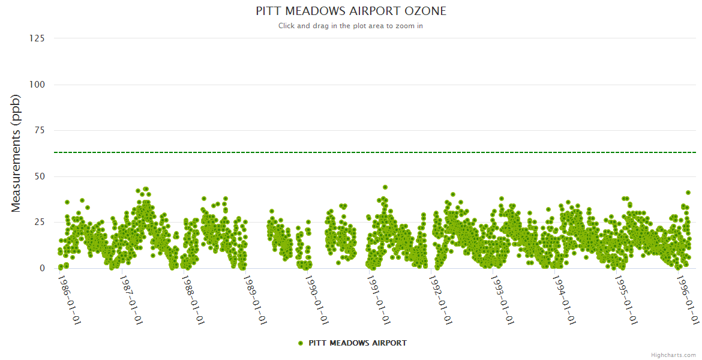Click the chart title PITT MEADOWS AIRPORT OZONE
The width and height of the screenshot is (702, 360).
[351, 11]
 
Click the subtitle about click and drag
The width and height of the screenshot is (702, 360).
[351, 26]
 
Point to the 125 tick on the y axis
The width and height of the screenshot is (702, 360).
[37, 38]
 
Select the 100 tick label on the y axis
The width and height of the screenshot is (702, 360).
[37, 85]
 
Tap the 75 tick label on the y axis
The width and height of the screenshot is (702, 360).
[40, 131]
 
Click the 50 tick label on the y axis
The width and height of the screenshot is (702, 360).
[40, 176]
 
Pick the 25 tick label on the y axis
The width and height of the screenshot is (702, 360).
[40, 223]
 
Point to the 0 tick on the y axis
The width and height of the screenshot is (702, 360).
[42, 268]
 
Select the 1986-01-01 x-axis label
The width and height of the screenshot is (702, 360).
[69, 300]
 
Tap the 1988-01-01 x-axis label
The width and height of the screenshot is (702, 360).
[193, 300]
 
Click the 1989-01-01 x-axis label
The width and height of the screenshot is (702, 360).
[255, 300]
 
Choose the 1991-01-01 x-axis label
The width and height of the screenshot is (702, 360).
[379, 300]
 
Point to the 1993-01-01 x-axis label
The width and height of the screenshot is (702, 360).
[503, 300]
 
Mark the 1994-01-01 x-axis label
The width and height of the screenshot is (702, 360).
[565, 300]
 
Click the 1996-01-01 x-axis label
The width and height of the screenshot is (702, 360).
[688, 300]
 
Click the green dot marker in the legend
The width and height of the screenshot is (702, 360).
[300, 343]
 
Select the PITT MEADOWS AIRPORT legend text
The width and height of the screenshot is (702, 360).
[358, 343]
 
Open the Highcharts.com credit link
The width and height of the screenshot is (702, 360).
[674, 355]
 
